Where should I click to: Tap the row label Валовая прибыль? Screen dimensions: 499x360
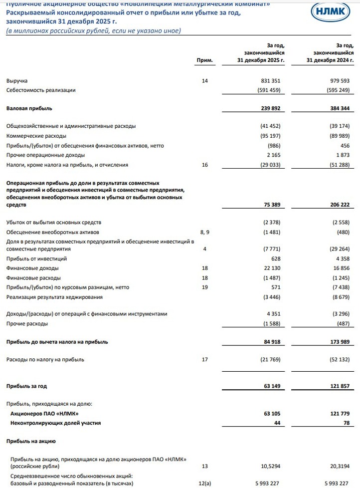29,108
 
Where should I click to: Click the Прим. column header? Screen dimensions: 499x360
205,60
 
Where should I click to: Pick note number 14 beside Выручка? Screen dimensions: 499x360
204,80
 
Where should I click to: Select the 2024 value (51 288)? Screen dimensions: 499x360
340,165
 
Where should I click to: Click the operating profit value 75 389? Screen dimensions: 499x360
270,205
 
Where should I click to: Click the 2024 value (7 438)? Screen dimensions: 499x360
341,287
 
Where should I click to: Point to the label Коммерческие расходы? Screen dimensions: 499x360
36,136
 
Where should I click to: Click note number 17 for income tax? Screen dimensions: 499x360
204,359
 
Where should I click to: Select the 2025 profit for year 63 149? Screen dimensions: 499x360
270,386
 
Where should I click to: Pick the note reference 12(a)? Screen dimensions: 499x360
204,483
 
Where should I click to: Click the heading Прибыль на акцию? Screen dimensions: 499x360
30,441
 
